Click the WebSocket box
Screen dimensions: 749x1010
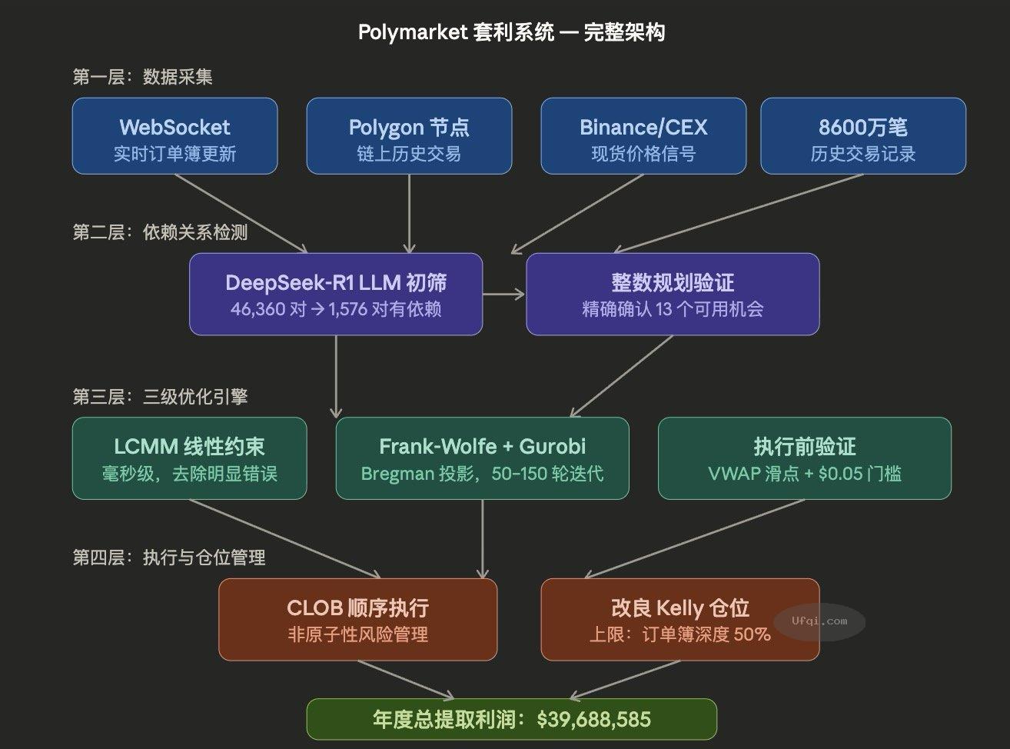click(174, 136)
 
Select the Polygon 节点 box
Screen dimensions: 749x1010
click(409, 136)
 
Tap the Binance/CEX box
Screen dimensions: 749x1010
click(643, 136)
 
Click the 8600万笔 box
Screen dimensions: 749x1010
click(862, 136)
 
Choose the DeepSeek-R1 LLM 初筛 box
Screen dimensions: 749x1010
click(336, 294)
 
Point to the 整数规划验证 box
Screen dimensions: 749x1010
click(673, 294)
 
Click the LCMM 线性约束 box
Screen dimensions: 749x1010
click(189, 458)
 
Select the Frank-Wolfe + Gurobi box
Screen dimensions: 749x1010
click(482, 458)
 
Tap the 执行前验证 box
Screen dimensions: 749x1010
click(804, 458)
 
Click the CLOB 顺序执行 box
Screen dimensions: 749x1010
click(357, 619)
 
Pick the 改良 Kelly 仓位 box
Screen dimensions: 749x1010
click(679, 619)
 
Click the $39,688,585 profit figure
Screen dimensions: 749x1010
click(593, 720)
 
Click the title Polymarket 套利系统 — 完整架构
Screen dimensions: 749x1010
click(511, 32)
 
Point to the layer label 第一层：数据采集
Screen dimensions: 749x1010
click(142, 77)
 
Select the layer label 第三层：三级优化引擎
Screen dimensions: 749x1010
click(160, 397)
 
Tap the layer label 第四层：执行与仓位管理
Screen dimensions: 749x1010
click(169, 558)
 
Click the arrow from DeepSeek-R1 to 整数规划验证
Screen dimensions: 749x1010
click(503, 294)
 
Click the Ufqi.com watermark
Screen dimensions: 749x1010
click(819, 621)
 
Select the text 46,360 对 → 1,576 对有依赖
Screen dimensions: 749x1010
click(336, 310)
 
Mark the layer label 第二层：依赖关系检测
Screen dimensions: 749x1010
click(160, 232)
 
